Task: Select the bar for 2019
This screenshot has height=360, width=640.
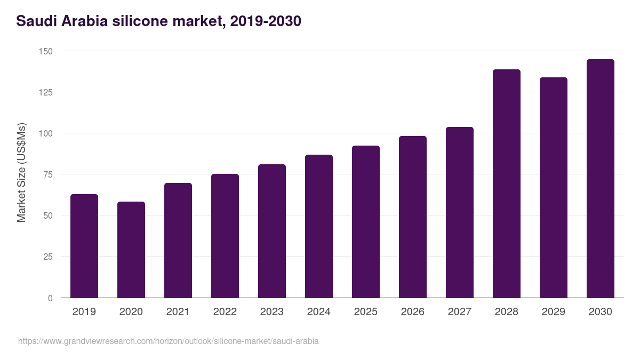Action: pyautogui.click(x=84, y=246)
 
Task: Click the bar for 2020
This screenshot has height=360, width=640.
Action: pyautogui.click(x=131, y=250)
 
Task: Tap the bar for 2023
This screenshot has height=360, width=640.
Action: pyautogui.click(x=272, y=231)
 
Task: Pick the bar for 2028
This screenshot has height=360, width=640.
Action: pyautogui.click(x=507, y=183)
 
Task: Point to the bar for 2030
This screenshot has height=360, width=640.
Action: pyautogui.click(x=601, y=179)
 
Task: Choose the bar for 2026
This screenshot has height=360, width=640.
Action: pyautogui.click(x=413, y=217)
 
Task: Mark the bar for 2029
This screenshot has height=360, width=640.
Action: pyautogui.click(x=554, y=188)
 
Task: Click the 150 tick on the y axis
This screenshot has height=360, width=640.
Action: pyautogui.click(x=46, y=51)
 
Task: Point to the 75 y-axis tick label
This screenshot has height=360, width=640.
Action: pyautogui.click(x=48, y=174)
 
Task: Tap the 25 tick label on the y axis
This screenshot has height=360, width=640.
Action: pyautogui.click(x=48, y=257)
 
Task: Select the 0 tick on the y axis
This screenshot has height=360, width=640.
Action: pyautogui.click(x=50, y=298)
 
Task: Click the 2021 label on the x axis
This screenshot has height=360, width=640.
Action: pyautogui.click(x=178, y=312)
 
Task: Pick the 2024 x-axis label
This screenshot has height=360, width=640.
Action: pyautogui.click(x=318, y=312)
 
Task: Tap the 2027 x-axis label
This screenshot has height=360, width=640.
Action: pyautogui.click(x=459, y=312)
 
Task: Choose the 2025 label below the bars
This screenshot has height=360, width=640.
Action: pyautogui.click(x=365, y=312)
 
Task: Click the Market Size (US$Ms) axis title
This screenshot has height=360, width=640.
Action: pyautogui.click(x=21, y=173)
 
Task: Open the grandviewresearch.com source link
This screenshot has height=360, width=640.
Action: pyautogui.click(x=169, y=341)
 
